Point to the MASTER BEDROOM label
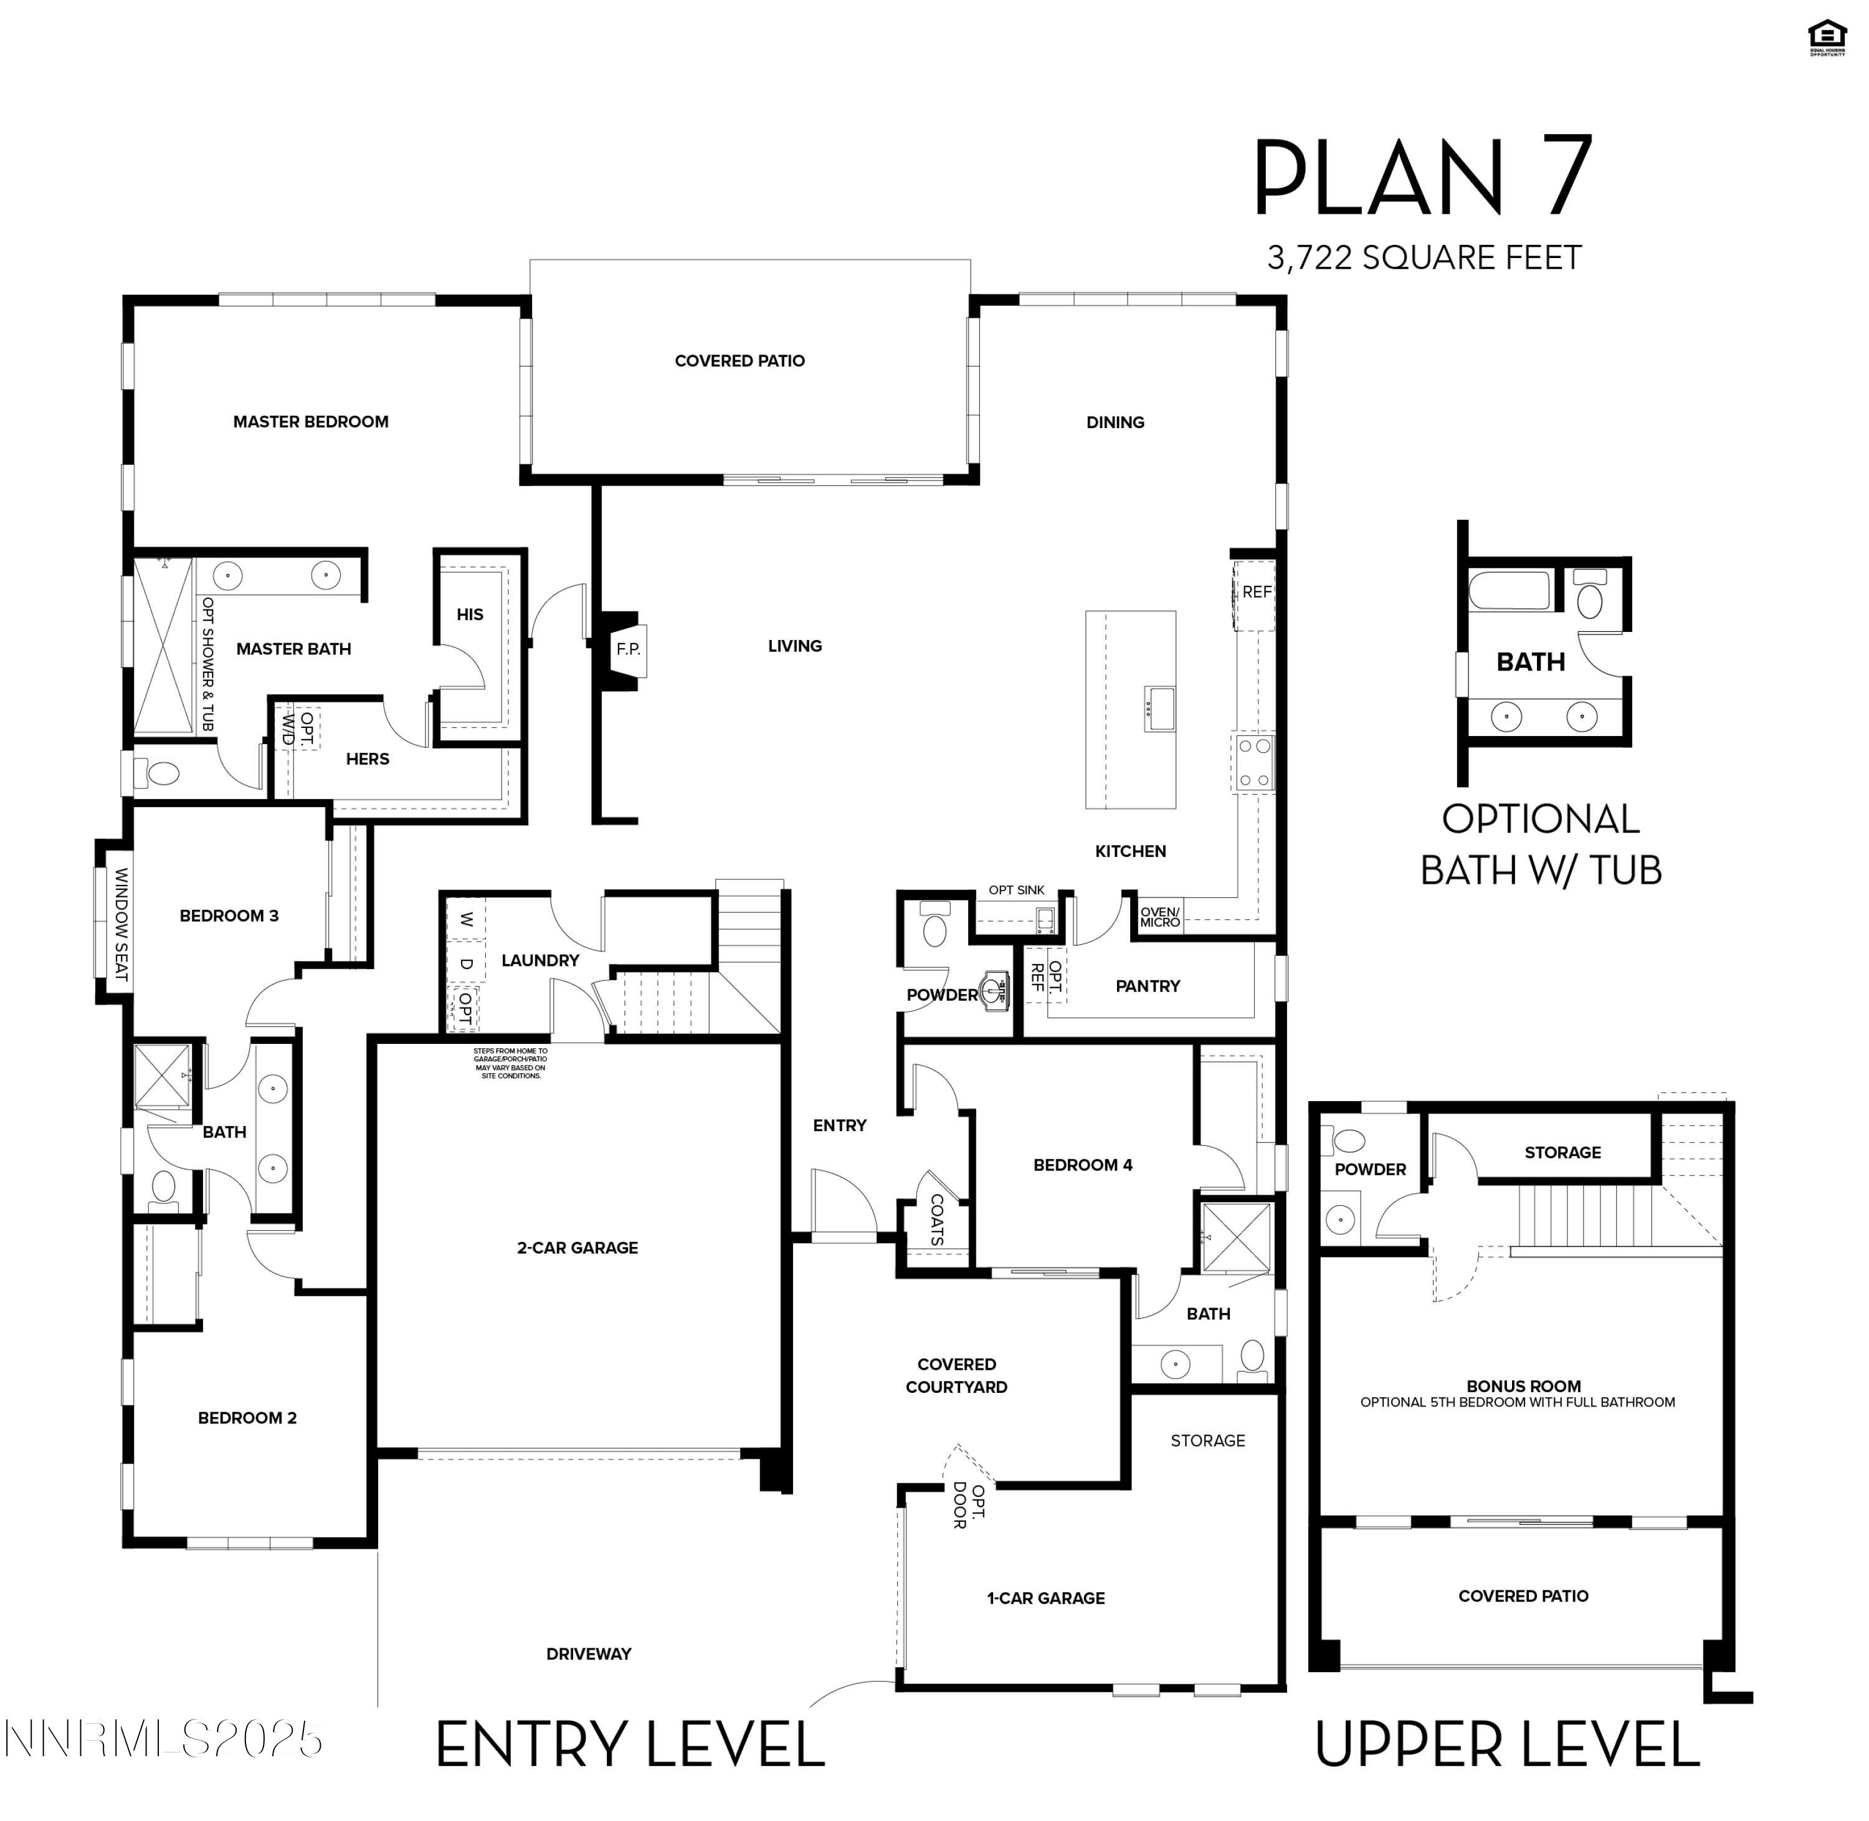(x=311, y=422)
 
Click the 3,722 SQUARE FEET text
(x=1424, y=258)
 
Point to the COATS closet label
(x=936, y=1220)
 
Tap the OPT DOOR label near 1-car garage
(x=968, y=1506)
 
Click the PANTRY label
(x=1147, y=986)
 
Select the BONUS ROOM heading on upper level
(x=1523, y=1386)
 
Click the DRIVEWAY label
(x=588, y=1653)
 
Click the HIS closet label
(x=469, y=615)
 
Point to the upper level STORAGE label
(x=1562, y=1152)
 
